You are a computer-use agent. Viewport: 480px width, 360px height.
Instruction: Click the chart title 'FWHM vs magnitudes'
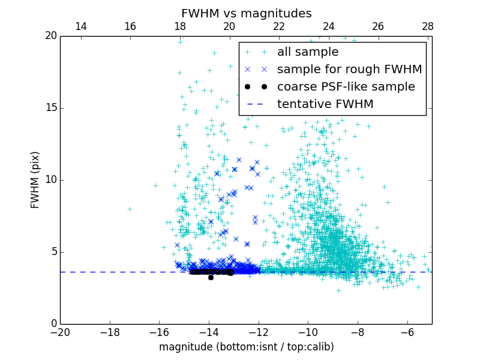(246, 13)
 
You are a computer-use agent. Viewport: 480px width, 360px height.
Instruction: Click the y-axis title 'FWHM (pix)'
(35, 180)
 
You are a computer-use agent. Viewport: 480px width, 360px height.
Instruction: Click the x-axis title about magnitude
(246, 347)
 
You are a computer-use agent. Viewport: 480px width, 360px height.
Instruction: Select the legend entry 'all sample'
(308, 52)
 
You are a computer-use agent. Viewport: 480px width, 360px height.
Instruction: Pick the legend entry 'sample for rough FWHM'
(349, 70)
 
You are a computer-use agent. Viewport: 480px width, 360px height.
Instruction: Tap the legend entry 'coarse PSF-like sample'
(346, 86)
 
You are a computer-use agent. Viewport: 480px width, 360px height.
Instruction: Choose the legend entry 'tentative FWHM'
(325, 104)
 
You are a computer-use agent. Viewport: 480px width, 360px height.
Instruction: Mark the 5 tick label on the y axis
(53, 252)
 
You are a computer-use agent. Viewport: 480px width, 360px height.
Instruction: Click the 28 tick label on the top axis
(427, 26)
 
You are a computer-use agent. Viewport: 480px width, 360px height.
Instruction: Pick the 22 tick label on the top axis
(279, 26)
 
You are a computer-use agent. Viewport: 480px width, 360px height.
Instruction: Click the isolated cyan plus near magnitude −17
(130, 209)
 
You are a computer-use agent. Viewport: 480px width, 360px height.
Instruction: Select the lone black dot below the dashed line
(211, 277)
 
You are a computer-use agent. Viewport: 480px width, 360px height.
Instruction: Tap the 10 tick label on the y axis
(50, 180)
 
